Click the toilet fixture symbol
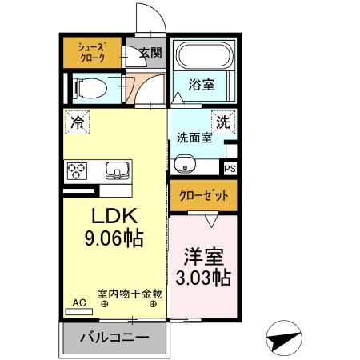[x=90, y=88]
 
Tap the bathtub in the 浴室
[x=205, y=55]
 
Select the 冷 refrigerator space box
[x=77, y=122]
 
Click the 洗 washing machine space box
[x=223, y=122]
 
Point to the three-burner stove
[x=77, y=171]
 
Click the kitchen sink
[x=118, y=170]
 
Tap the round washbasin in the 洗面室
[x=185, y=164]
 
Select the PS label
[x=230, y=169]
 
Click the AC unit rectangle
[x=79, y=311]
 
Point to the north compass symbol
[x=284, y=338]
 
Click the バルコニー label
[x=114, y=338]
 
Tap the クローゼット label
[x=203, y=195]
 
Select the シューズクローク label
[x=92, y=53]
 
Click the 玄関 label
[x=150, y=52]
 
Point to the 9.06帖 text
[x=114, y=238]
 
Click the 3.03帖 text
[x=203, y=278]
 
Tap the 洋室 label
[x=203, y=257]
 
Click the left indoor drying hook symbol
[x=105, y=304]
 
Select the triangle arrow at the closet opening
[x=211, y=221]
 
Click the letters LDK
[x=114, y=215]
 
